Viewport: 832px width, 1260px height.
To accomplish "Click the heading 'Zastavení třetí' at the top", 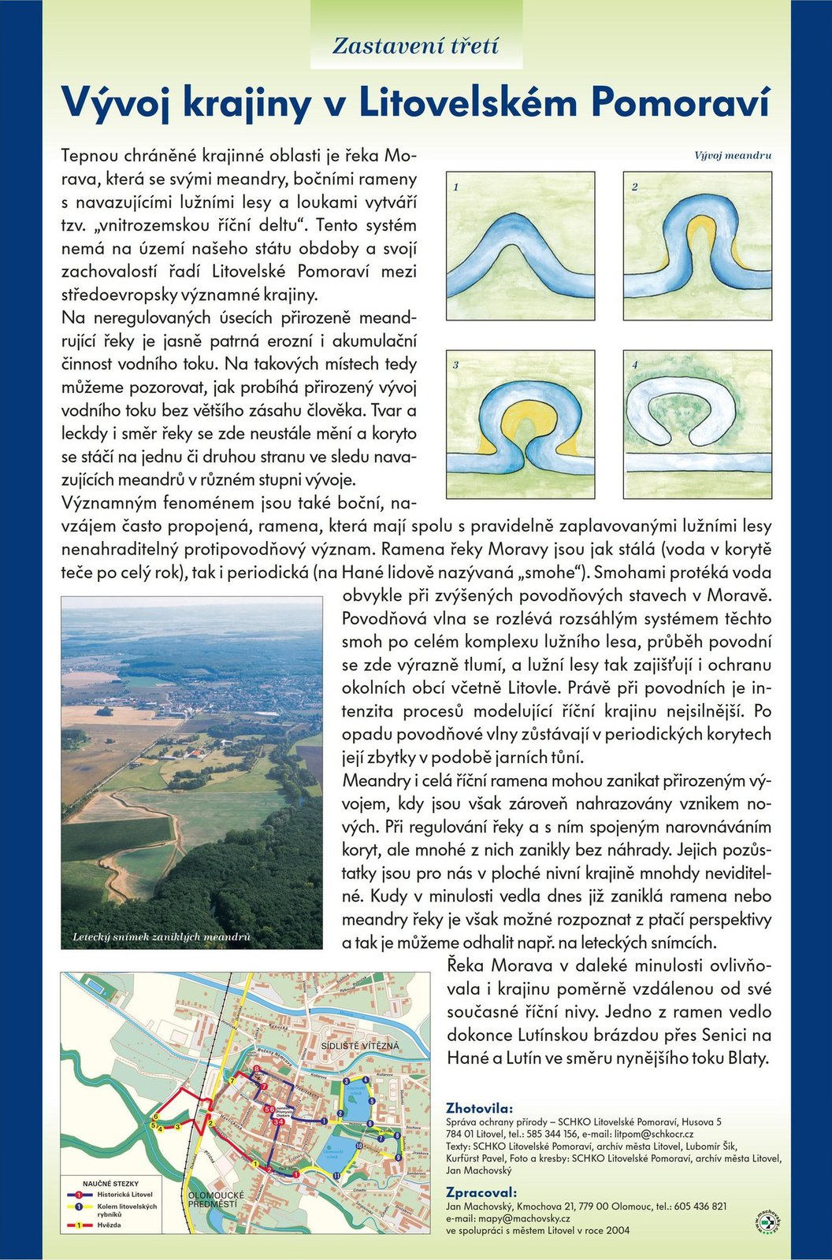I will tap(415, 46).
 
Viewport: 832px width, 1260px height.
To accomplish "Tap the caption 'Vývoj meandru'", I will tap(733, 156).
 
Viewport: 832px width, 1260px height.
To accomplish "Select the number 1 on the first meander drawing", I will tap(456, 187).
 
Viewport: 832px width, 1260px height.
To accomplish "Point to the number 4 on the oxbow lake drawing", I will tap(634, 365).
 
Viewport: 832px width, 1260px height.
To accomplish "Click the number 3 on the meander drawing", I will tap(456, 365).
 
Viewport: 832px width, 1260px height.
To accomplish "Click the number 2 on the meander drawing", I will tap(634, 187).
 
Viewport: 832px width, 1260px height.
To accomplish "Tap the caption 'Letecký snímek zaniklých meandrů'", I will tap(162, 937).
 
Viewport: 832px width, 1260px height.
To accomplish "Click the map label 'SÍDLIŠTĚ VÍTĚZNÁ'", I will tap(361, 1046).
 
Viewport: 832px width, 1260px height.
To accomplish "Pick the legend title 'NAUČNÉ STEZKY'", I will tap(110, 1184).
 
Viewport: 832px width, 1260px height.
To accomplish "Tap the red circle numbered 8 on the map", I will tap(257, 1069).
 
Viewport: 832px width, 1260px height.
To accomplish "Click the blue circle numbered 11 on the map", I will tap(336, 1175).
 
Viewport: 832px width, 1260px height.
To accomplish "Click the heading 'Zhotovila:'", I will tap(479, 1108).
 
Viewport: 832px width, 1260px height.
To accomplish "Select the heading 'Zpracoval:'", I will tap(481, 1192).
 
